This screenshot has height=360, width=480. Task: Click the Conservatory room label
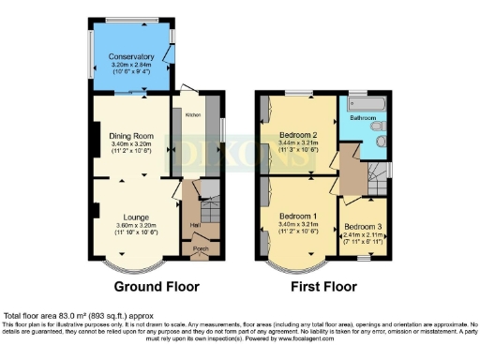[130, 56]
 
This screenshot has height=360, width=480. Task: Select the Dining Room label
[130, 133]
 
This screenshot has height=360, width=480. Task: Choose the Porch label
[200, 249]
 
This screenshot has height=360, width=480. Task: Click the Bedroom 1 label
[298, 216]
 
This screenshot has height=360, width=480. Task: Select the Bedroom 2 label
[298, 134]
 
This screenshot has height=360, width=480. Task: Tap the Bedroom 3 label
[361, 226]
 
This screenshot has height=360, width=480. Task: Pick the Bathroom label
[364, 119]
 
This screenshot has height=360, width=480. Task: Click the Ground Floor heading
[156, 285]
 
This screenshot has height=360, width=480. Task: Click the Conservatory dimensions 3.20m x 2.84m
[130, 65]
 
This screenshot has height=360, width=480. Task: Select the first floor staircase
[377, 172]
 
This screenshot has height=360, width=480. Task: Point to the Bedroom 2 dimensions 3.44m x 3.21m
[298, 142]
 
